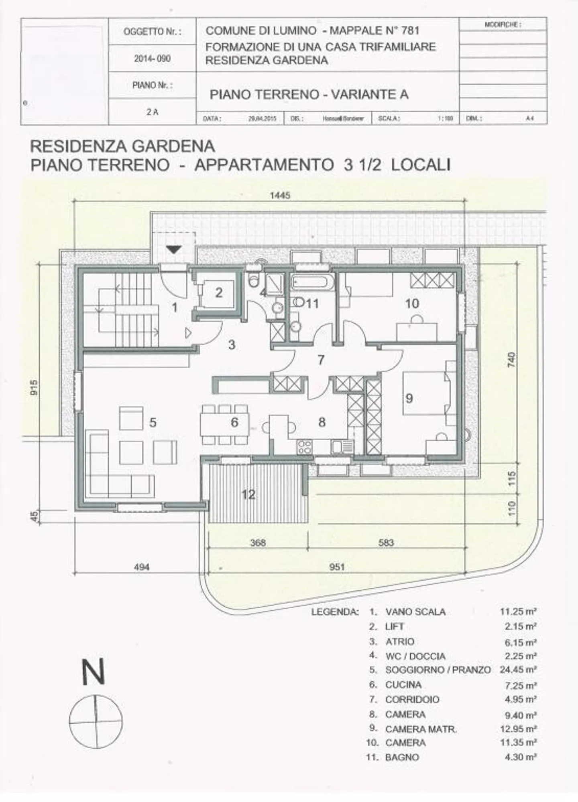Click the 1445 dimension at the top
click(280, 196)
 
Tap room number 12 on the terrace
click(248, 494)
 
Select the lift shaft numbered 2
click(219, 292)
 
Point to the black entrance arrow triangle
click(174, 249)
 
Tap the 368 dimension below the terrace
click(258, 543)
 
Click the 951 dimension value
click(337, 567)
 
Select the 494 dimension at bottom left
click(142, 567)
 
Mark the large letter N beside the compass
click(93, 672)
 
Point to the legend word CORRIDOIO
click(412, 699)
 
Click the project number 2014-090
click(152, 59)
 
